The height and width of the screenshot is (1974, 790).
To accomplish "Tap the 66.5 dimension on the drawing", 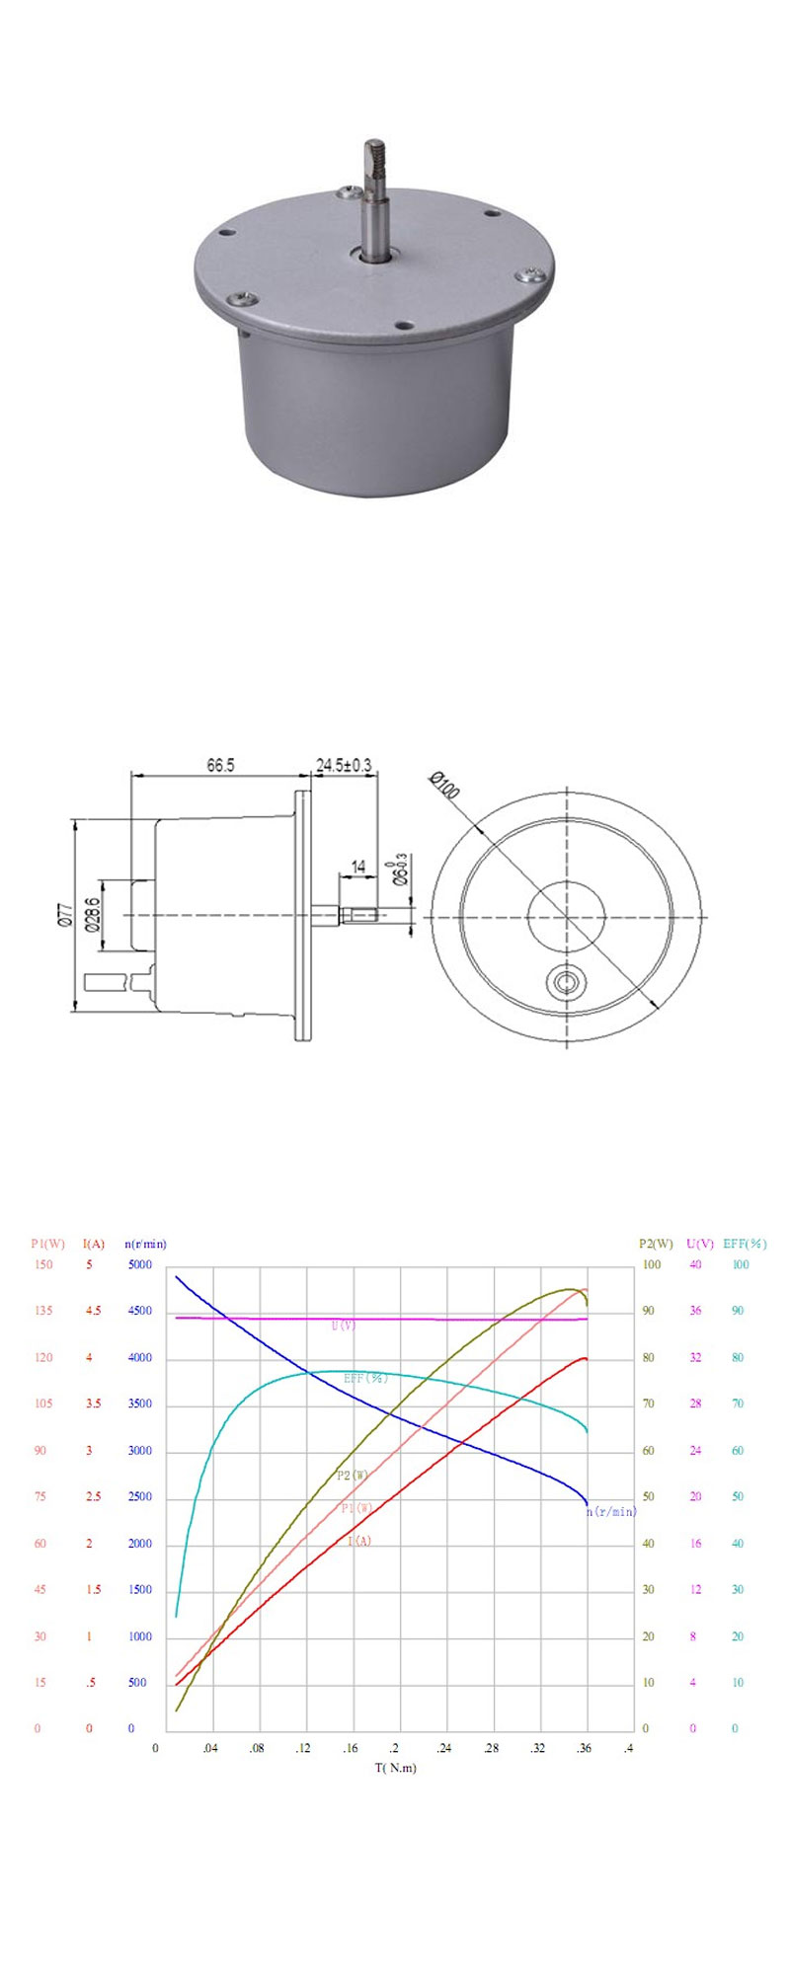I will [x=219, y=765].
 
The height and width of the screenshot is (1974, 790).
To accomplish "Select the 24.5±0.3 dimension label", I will [x=344, y=765].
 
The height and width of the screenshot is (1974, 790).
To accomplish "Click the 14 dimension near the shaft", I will [x=358, y=867].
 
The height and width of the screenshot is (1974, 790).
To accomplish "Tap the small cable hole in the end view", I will [x=566, y=982].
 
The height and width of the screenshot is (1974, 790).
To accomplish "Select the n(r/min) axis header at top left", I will [x=145, y=1244].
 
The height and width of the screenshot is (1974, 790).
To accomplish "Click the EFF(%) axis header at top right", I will [x=745, y=1244].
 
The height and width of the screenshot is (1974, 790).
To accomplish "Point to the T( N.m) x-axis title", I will [x=395, y=1768].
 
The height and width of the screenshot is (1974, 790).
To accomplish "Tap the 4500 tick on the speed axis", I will [x=139, y=1312].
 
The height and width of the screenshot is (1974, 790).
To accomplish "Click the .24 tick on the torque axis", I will [x=443, y=1748].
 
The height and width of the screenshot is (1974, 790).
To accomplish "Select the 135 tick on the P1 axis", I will [x=43, y=1312].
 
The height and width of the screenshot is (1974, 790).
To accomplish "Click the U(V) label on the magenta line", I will [x=344, y=1326].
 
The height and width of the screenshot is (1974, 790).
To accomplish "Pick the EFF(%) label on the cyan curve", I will [x=365, y=1378].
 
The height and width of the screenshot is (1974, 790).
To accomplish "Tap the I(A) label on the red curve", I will [x=359, y=1542].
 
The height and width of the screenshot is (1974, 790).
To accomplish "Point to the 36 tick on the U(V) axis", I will [x=695, y=1312].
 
